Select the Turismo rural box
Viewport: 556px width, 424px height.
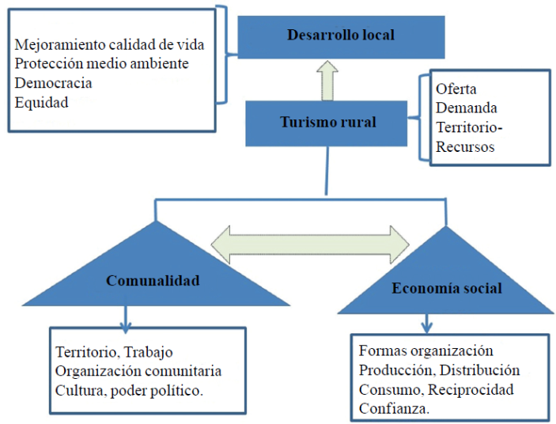click(328, 123)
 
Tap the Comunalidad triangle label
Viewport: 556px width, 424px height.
click(153, 281)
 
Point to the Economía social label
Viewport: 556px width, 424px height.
click(446, 288)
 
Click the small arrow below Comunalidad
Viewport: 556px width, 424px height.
click(125, 320)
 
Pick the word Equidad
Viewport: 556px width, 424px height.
click(41, 101)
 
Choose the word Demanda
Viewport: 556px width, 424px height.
click(467, 108)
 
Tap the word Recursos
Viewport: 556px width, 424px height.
click(465, 148)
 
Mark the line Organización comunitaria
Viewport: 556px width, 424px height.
click(138, 370)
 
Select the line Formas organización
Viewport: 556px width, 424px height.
click(426, 350)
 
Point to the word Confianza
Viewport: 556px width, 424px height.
click(395, 408)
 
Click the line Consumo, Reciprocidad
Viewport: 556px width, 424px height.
click(436, 389)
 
